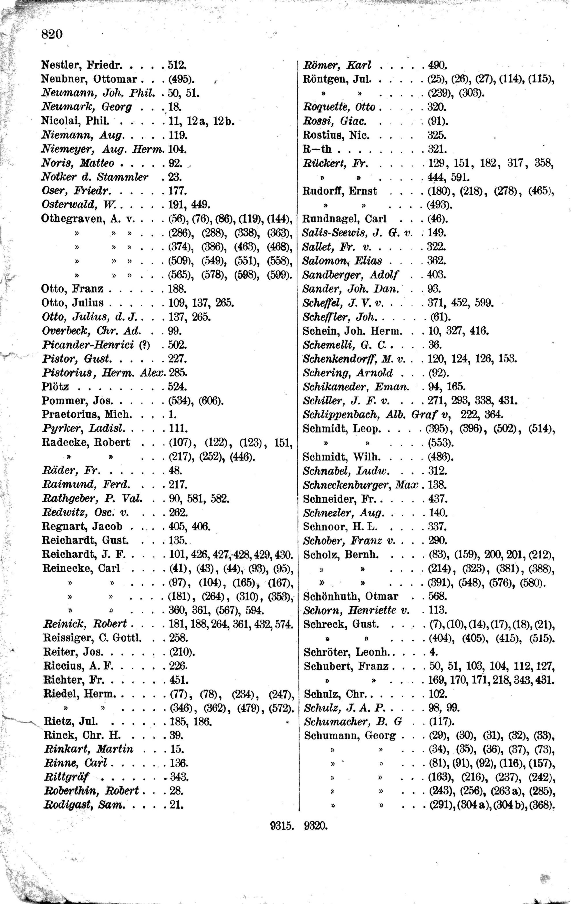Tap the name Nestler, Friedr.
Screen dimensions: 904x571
(81, 65)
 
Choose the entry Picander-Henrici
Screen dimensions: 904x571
(88, 345)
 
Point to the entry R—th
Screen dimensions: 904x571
(317, 149)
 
